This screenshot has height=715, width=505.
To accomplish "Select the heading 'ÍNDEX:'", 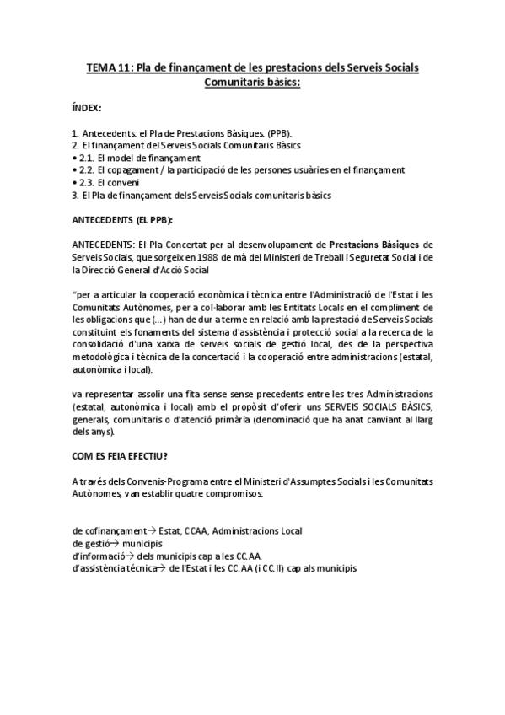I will (x=88, y=108).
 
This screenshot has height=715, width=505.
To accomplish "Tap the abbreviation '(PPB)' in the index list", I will (x=275, y=133).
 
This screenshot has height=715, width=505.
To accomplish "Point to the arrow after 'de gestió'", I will (x=114, y=543).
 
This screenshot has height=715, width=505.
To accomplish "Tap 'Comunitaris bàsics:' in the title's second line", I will (x=253, y=81).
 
